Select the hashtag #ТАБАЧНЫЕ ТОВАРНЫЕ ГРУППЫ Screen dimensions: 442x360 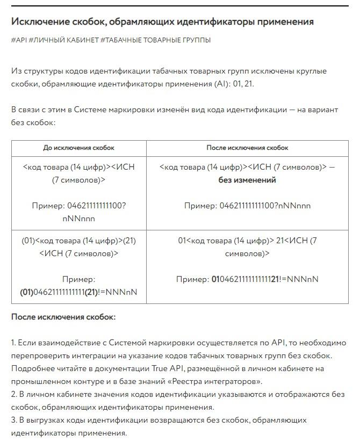coord(155,40)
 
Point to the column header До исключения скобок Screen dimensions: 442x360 coord(78,148)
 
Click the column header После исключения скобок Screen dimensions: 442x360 coord(247,148)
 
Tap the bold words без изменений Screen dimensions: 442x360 coord(247,180)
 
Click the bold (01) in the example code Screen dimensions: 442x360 coord(27,292)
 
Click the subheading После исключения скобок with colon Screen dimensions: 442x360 coord(63,317)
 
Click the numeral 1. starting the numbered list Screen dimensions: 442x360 coord(14,343)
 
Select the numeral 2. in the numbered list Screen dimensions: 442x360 coord(14,394)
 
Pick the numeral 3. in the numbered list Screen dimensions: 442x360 coord(14,420)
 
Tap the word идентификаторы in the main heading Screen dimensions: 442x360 coord(211,21)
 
